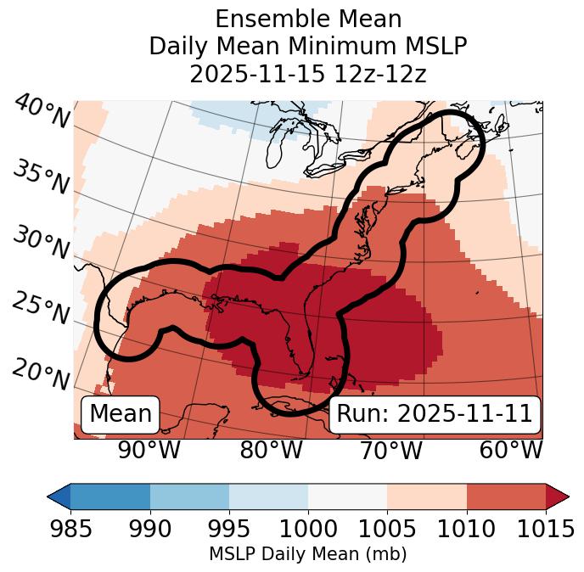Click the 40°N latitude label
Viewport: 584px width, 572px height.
[41, 113]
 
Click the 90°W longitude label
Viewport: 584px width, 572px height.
[149, 451]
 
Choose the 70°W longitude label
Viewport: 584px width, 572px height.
[390, 451]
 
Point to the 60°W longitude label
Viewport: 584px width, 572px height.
[510, 451]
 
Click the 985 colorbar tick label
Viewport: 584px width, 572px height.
[70, 529]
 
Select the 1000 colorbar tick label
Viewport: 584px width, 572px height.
[308, 529]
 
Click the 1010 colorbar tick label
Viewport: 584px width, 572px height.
[466, 529]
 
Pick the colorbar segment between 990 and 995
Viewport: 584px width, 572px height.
[189, 496]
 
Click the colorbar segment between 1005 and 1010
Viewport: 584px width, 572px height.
[426, 496]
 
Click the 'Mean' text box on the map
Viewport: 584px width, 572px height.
[121, 414]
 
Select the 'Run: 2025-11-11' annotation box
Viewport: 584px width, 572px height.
[435, 414]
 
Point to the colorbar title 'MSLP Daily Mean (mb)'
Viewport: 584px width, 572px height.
[308, 555]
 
